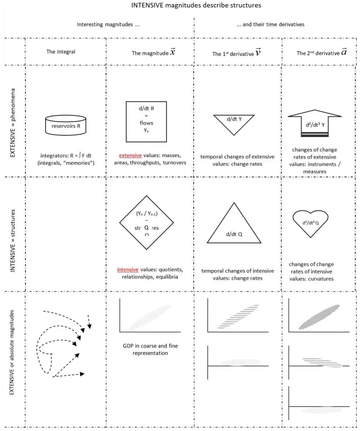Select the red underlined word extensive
pyautogui.click(x=130, y=155)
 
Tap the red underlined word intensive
pyautogui.click(x=129, y=269)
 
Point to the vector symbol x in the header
pyautogui.click(x=173, y=52)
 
